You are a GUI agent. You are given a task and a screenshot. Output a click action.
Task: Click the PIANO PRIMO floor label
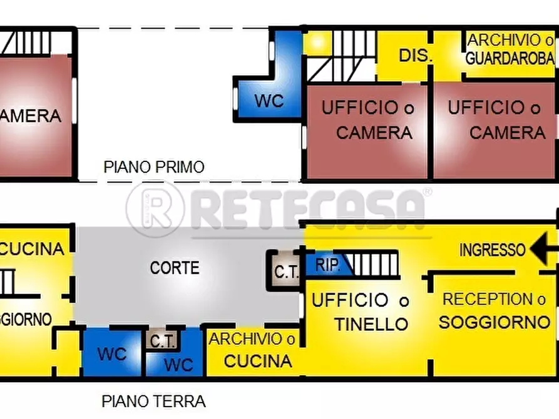[x=154, y=168]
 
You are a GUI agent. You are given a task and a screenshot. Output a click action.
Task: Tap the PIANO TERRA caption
[x=154, y=401]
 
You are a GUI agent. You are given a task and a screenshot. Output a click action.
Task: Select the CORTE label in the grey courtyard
[x=175, y=268]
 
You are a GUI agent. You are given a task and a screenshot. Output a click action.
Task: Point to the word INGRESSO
[x=492, y=250]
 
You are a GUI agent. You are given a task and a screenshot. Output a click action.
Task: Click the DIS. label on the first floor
[x=416, y=55]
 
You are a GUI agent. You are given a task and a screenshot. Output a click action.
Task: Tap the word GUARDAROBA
[x=510, y=58]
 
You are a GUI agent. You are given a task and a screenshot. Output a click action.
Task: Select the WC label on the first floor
[x=269, y=101]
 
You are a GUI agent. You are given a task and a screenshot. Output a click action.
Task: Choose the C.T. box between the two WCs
[x=163, y=341]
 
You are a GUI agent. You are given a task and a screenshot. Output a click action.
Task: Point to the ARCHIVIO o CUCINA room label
[x=253, y=350]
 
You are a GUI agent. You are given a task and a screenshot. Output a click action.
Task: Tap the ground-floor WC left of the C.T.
[x=112, y=353]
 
